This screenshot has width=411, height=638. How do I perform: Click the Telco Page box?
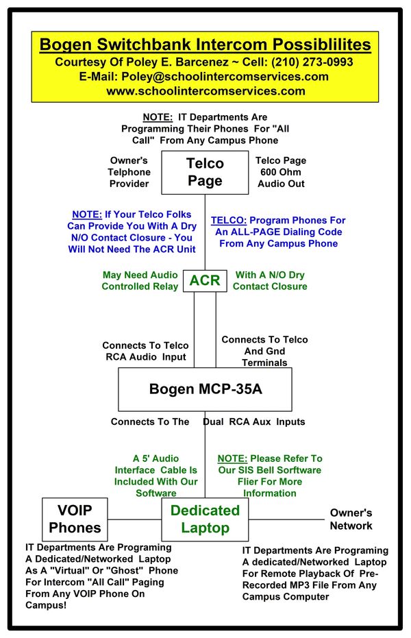coord(205,172)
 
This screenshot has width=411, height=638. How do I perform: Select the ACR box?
coord(205,280)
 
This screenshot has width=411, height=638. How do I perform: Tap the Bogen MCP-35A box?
coord(205,389)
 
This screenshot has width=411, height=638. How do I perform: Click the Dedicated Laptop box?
coord(205,519)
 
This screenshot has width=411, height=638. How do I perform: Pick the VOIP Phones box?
coord(75,519)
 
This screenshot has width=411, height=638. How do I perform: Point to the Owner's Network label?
coord(351,519)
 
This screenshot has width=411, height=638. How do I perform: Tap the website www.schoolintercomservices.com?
coord(206,90)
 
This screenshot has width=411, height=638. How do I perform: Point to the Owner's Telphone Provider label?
coord(129,172)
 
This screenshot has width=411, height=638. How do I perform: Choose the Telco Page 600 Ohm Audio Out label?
coord(281,172)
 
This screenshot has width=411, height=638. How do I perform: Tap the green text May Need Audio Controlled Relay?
coord(140,280)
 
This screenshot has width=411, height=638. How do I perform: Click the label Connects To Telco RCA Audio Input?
coord(145,351)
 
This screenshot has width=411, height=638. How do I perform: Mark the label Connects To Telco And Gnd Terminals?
coord(264,351)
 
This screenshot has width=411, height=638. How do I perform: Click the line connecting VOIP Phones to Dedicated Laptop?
coord(135,519)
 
